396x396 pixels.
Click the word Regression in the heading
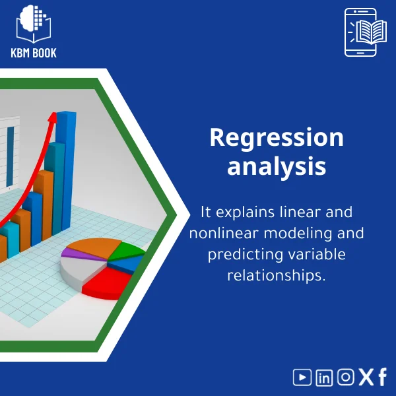pyautogui.click(x=277, y=138)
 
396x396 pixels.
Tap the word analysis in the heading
pyautogui.click(x=277, y=166)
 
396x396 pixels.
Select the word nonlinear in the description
pyautogui.click(x=222, y=234)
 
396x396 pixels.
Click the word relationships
pyautogui.click(x=277, y=275)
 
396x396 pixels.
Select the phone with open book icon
pyautogui.click(x=361, y=32)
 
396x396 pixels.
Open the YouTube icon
pyautogui.click(x=302, y=377)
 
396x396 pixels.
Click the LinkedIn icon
pyautogui.click(x=324, y=377)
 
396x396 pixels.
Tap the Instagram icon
pyautogui.click(x=345, y=377)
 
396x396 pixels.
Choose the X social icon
pyautogui.click(x=366, y=377)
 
